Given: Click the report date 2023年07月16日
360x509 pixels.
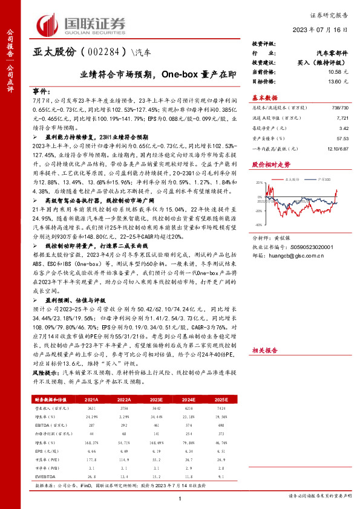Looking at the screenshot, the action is coord(329,28).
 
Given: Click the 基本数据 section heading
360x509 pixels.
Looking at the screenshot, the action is coord(264,98).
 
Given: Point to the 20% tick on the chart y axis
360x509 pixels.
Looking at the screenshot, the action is coord(259,183).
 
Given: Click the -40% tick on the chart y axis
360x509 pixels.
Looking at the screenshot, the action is coord(258,222).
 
